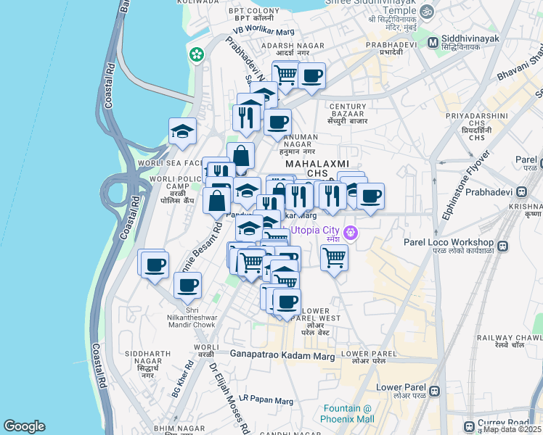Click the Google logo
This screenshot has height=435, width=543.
point(24,426)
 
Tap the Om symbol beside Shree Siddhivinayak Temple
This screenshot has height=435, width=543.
point(426,12)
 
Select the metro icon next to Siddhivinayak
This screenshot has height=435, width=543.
point(433,43)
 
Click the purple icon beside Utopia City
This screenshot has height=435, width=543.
point(351,233)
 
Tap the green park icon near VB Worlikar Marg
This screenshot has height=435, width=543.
point(196,54)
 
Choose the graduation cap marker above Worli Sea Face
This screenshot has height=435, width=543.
point(182,131)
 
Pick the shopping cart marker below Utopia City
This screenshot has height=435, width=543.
point(334,257)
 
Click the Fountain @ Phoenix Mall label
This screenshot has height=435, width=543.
point(348,413)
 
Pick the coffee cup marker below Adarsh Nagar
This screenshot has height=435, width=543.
point(312,75)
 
